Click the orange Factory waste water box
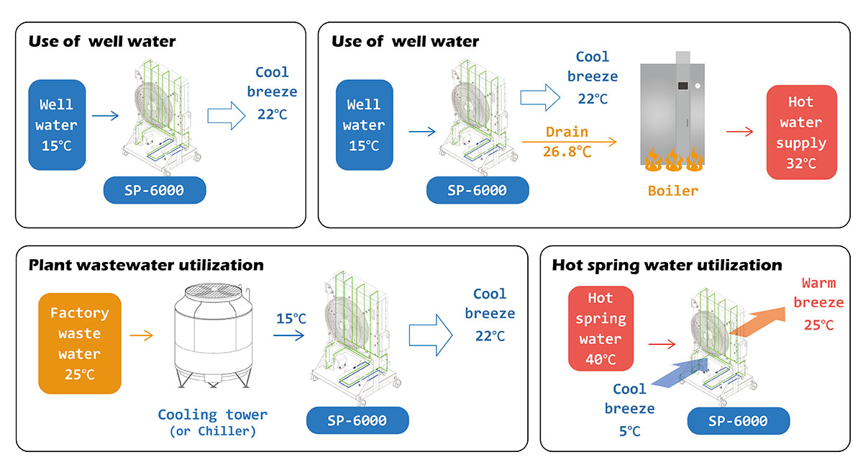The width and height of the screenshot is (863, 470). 80,343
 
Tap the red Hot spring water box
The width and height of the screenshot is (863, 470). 601,328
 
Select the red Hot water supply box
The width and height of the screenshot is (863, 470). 801,132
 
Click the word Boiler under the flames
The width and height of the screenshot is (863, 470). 672,191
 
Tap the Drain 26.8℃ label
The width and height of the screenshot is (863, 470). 567,142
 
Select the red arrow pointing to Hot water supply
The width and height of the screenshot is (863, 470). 739,132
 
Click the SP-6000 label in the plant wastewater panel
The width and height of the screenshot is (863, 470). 357,420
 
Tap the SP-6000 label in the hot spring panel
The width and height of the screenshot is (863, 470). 738,421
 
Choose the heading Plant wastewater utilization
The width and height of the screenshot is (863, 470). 146,265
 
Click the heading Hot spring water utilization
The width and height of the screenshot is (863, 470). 667,265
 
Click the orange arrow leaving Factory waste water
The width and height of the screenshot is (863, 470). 143,335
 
